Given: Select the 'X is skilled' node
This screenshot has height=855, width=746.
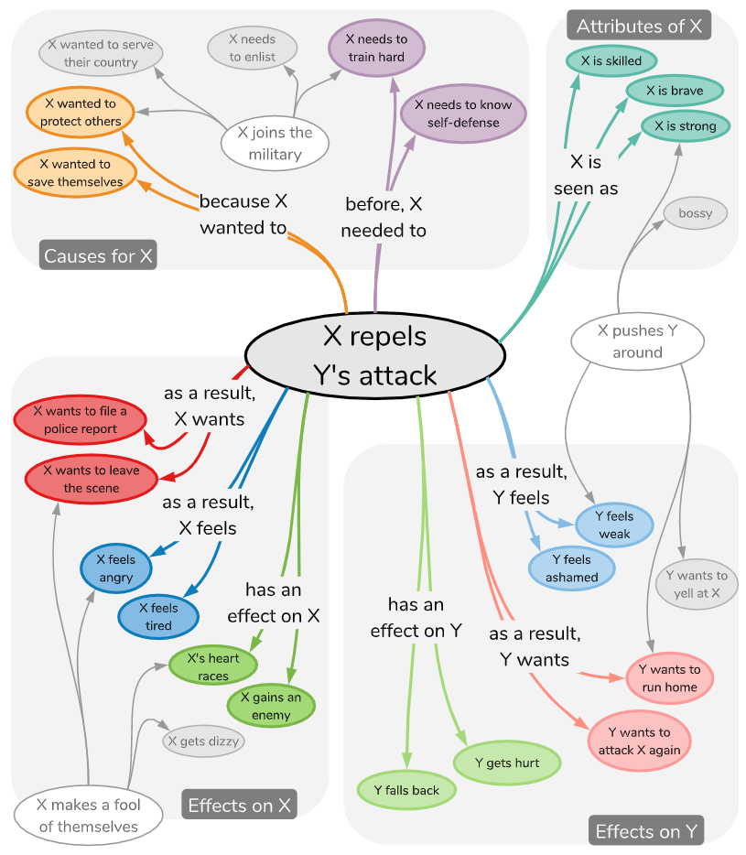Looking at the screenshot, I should click(x=611, y=61).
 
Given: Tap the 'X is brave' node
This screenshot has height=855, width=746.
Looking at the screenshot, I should click(x=675, y=91).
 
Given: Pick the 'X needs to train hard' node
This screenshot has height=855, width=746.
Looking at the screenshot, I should click(x=376, y=48).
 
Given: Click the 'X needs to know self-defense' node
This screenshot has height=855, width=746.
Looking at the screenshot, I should click(x=463, y=114).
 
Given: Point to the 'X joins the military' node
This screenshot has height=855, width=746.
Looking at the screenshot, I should click(x=275, y=144).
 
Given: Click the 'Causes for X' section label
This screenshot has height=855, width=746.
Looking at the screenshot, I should click(x=98, y=255).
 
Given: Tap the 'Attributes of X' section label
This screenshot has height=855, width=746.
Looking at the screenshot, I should click(x=639, y=26).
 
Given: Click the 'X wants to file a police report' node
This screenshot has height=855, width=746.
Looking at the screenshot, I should click(x=80, y=420).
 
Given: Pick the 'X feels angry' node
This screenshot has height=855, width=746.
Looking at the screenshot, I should click(x=115, y=568).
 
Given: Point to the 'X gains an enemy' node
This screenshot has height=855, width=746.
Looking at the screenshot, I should click(x=271, y=706).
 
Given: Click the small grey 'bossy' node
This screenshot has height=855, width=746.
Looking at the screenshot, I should click(x=695, y=214).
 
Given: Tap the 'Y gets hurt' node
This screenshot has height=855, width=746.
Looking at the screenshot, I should click(x=507, y=763).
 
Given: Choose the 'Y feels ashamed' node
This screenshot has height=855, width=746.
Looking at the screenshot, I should click(x=572, y=568).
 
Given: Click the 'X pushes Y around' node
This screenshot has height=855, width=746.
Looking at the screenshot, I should click(x=637, y=341).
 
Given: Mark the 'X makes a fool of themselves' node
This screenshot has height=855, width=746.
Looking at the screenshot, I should click(x=89, y=816).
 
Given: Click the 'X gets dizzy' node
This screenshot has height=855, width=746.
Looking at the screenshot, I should click(x=204, y=741).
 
